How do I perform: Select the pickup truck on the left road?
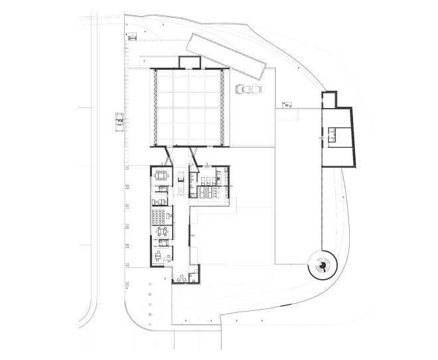[119, 119]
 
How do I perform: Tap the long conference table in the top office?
[161, 175]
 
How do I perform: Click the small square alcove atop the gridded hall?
[190, 63]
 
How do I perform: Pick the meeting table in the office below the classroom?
[161, 232]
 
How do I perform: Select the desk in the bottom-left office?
[159, 253]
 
